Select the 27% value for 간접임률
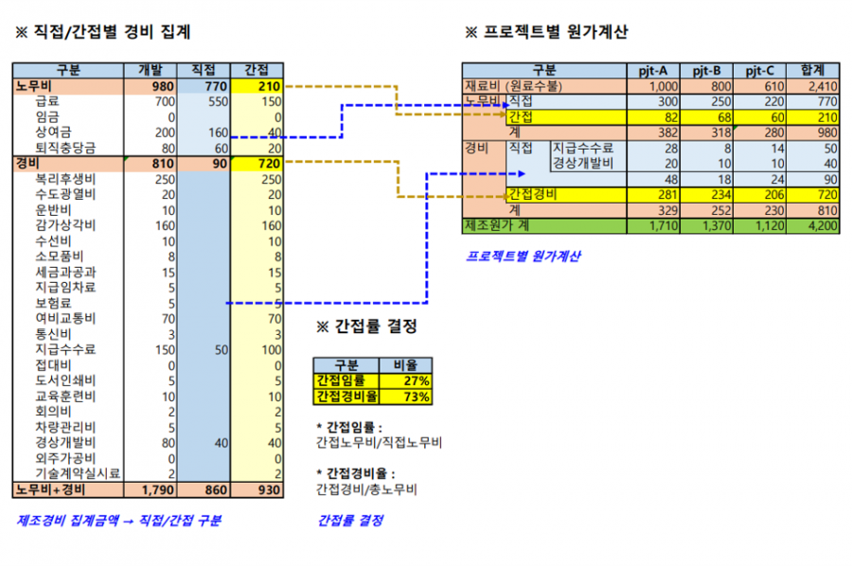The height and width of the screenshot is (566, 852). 417,380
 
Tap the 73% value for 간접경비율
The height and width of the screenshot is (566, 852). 417,397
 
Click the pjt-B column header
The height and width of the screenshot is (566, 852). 706,70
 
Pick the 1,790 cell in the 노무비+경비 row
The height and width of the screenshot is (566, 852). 157,490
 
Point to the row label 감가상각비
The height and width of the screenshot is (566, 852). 65,225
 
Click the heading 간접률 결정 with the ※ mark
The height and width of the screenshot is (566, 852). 366,326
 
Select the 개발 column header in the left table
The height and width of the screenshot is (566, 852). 151,69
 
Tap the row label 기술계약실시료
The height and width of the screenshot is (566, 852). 78,473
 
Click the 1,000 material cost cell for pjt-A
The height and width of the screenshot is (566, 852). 664,86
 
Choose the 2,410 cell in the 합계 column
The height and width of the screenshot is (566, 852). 823,86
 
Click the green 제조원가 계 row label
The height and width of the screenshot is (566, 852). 497,225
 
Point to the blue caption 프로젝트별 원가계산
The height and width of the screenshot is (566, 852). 524,256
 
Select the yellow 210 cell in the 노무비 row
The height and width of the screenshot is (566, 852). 269,86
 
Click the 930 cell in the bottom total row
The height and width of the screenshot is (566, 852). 269,490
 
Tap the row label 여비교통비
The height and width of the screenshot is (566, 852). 65,318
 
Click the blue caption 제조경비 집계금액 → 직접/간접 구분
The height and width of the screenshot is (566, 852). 119,521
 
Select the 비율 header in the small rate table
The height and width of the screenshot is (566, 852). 405,365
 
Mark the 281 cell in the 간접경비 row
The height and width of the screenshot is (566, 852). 667,194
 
